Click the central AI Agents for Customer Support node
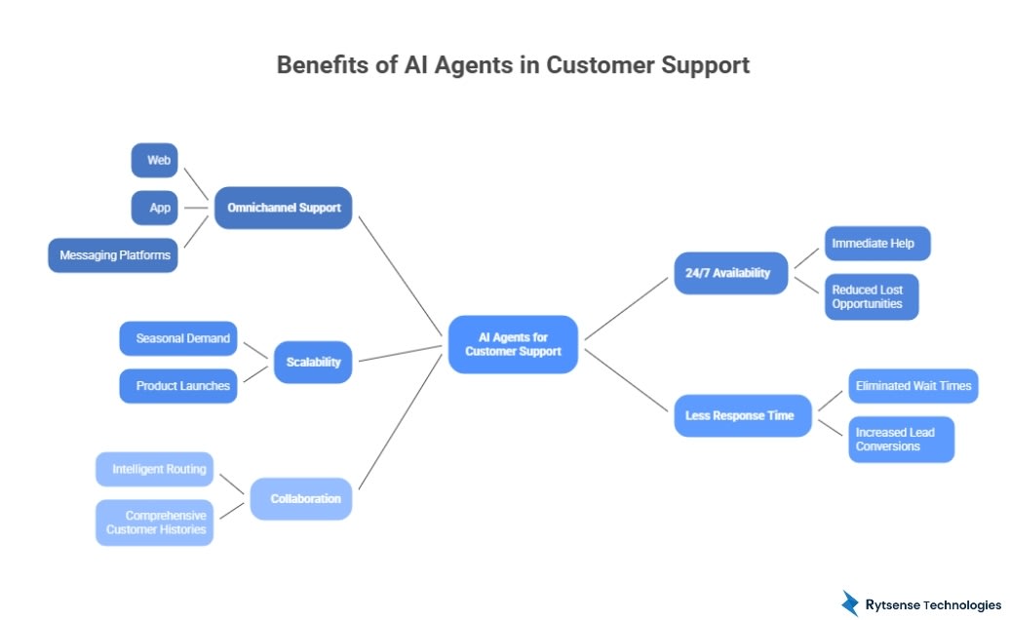(x=513, y=344)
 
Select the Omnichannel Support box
(x=283, y=208)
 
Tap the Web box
(x=155, y=160)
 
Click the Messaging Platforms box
(x=113, y=255)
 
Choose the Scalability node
(x=313, y=362)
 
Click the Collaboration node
(x=300, y=498)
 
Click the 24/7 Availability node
(x=730, y=273)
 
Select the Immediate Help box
(x=877, y=243)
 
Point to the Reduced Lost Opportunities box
(x=872, y=296)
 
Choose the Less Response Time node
(x=742, y=415)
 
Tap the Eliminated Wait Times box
(x=913, y=386)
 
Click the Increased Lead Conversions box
(x=901, y=439)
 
